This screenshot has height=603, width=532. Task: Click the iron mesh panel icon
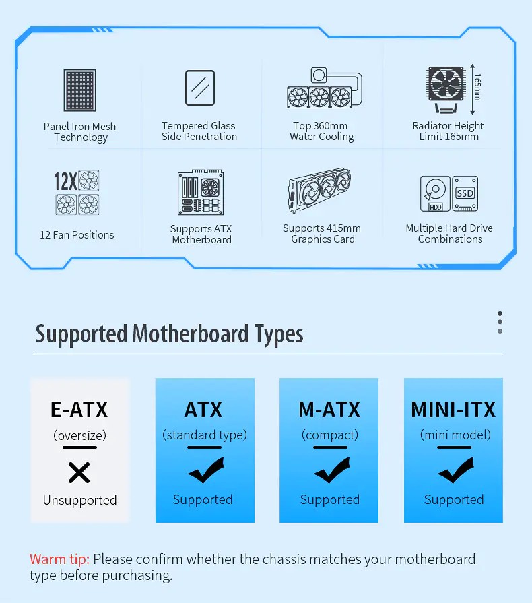tap(79, 90)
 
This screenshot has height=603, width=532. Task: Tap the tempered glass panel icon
tap(200, 88)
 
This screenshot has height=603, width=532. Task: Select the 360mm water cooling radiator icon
tap(325, 88)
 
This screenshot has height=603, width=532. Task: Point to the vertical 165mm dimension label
tap(477, 88)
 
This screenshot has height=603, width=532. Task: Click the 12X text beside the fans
tap(65, 181)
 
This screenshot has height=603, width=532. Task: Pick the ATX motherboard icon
tap(201, 192)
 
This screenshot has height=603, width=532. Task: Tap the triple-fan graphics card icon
tap(320, 190)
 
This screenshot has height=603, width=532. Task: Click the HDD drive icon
tap(435, 194)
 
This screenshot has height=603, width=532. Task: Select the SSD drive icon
tap(465, 193)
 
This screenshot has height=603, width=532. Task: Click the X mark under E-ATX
tap(79, 473)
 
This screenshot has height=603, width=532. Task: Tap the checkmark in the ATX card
tap(206, 470)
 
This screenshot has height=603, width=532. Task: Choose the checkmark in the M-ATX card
tap(332, 470)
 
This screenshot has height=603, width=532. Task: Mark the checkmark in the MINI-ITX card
tap(455, 470)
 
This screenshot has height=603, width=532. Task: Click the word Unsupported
tap(80, 500)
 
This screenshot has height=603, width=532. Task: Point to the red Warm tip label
tap(59, 559)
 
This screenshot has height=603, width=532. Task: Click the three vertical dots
tap(500, 322)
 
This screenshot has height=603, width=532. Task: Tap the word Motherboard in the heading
tap(191, 334)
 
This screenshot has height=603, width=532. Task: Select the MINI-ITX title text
tap(453, 410)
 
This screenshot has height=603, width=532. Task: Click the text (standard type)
tap(205, 435)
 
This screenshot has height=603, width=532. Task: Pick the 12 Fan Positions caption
tap(77, 235)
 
